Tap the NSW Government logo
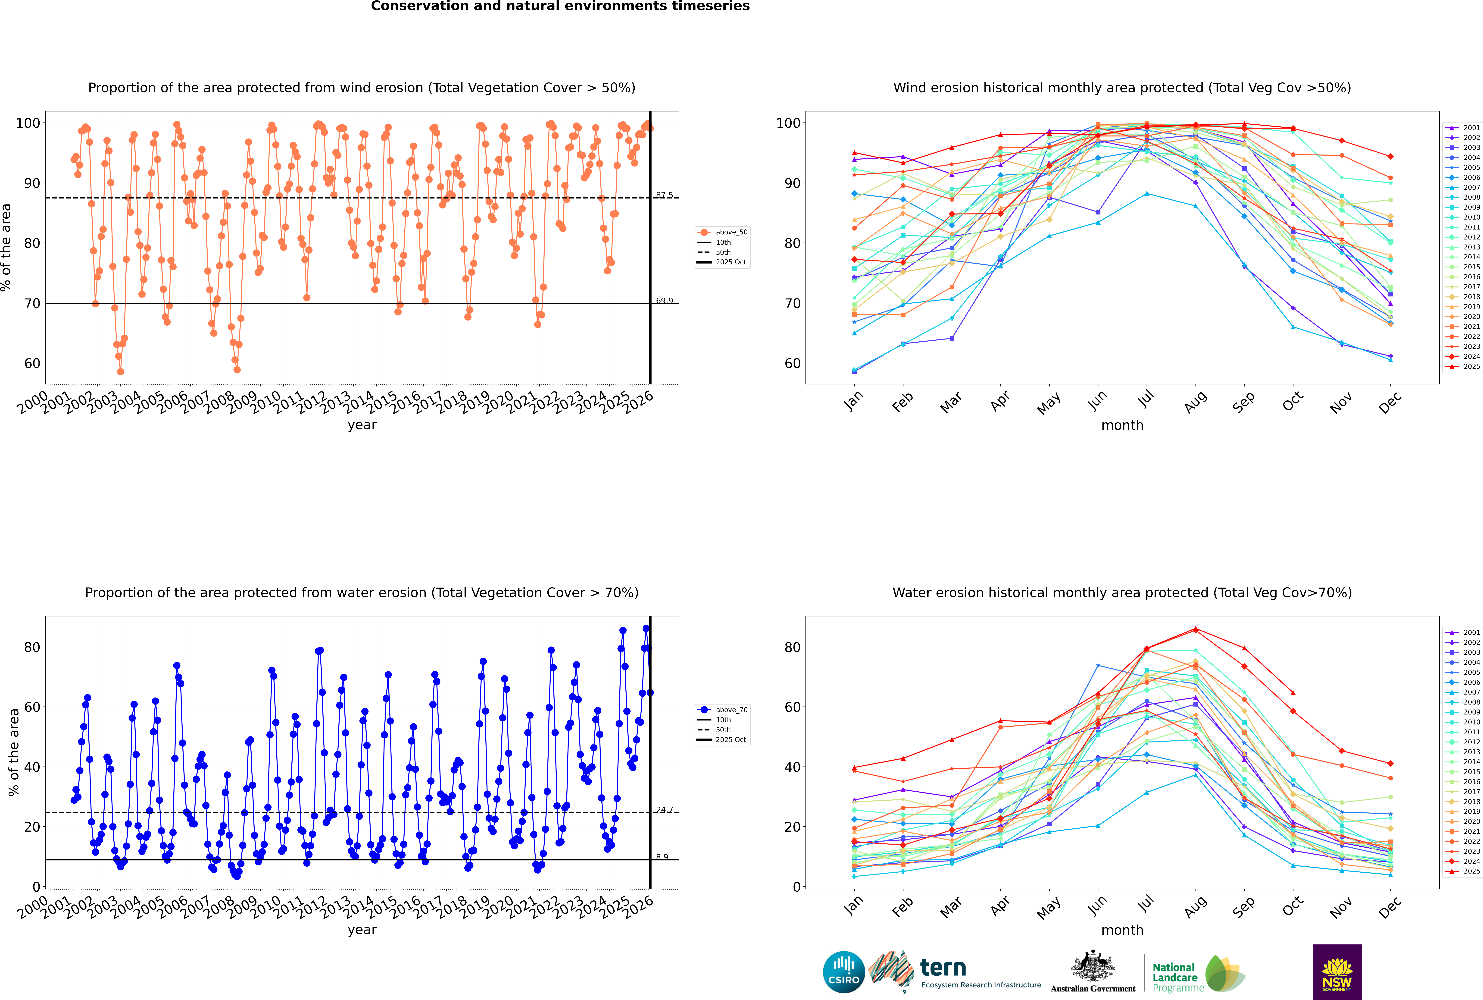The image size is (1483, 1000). click(x=1337, y=971)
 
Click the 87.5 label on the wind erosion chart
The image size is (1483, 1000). click(x=664, y=195)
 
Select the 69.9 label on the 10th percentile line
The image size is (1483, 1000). click(x=664, y=301)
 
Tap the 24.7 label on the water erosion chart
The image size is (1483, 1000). click(x=664, y=810)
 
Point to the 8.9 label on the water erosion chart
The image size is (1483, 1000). click(x=662, y=857)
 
